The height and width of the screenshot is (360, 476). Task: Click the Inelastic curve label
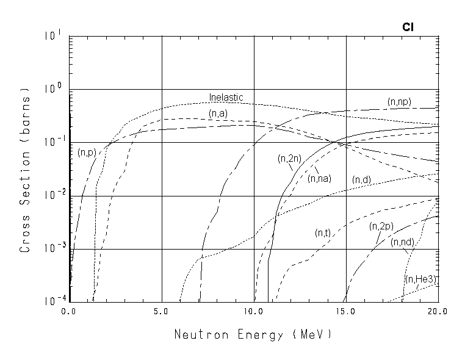[x=226, y=97]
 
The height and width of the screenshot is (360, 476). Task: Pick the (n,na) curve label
[x=319, y=178]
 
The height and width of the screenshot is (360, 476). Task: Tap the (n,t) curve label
[x=323, y=233]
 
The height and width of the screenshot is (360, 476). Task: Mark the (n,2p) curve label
[x=380, y=226]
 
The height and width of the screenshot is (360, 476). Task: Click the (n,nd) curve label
[x=403, y=242]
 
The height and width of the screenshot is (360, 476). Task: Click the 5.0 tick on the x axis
[x=161, y=312]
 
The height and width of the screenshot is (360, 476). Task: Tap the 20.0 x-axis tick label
[x=438, y=312]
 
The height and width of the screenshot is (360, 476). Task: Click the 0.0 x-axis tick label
[x=69, y=312]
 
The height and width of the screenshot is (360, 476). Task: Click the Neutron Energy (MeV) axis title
[x=253, y=334]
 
